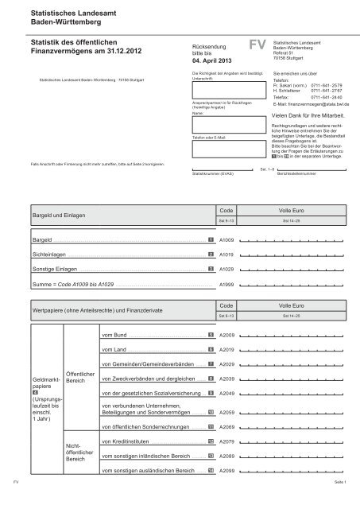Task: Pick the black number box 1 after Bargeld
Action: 210,239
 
